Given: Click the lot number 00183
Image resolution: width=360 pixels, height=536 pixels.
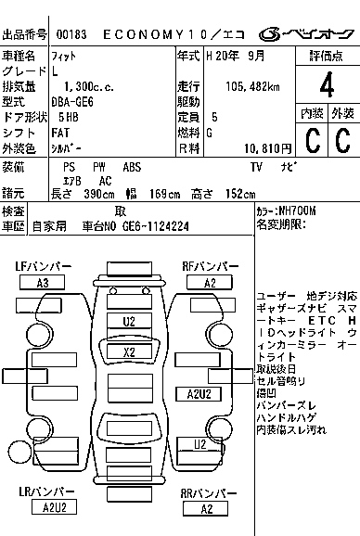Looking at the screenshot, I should coord(71,34).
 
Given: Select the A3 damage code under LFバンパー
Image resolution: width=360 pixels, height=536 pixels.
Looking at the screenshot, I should coord(43,283).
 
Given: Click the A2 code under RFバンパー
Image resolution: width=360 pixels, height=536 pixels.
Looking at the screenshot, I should coord(210,283).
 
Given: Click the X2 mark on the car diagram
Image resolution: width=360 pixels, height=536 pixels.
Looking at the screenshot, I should coord(129,352).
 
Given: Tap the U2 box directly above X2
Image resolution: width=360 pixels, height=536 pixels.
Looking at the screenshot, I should coord(129,322).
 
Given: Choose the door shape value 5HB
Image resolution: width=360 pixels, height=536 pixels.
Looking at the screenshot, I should coord(67,118).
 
